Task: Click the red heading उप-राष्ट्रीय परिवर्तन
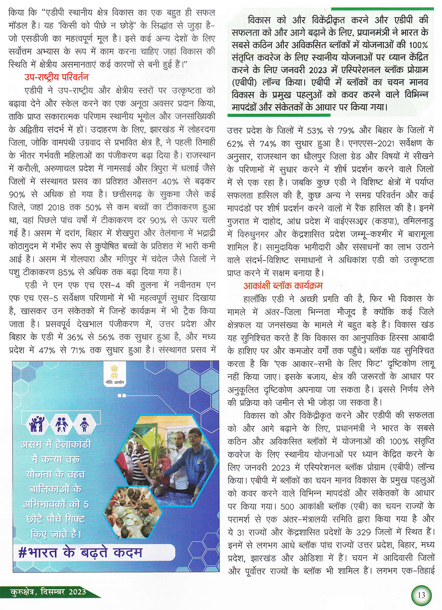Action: point(56,77)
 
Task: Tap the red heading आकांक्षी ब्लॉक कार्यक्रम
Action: point(283,286)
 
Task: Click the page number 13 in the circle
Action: point(421,595)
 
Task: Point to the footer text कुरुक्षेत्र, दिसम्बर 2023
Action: point(49,592)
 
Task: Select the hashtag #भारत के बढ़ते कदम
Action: point(80,553)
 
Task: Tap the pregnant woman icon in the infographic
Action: point(84,424)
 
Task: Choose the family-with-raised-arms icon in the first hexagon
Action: point(37,424)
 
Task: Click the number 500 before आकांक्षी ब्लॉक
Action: point(287,506)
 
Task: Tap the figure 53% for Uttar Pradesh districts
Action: point(315,131)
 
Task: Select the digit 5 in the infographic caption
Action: point(86,504)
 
